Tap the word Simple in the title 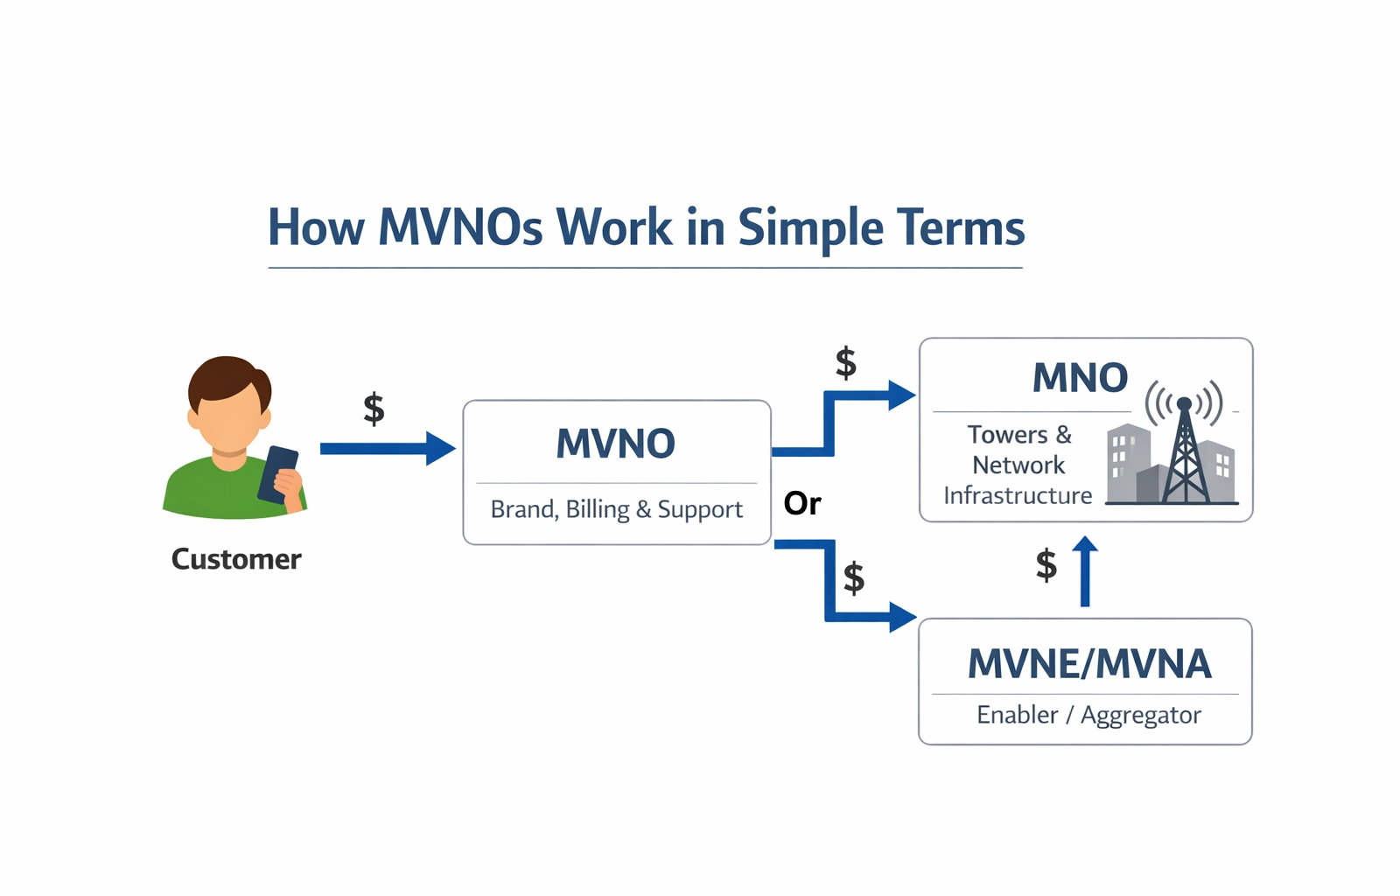point(810,229)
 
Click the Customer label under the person point(236,559)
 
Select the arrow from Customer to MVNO point(388,449)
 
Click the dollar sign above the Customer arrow point(374,409)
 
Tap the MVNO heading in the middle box point(616,444)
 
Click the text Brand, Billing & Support point(616,510)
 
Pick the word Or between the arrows point(801,504)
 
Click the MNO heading point(1080,378)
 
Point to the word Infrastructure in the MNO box point(1018,495)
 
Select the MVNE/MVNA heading point(1089,663)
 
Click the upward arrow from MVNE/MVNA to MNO point(1085,571)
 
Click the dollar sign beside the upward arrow point(1046,565)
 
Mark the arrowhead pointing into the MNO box point(902,395)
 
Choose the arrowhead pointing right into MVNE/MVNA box point(902,618)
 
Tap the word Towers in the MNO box point(1007,434)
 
